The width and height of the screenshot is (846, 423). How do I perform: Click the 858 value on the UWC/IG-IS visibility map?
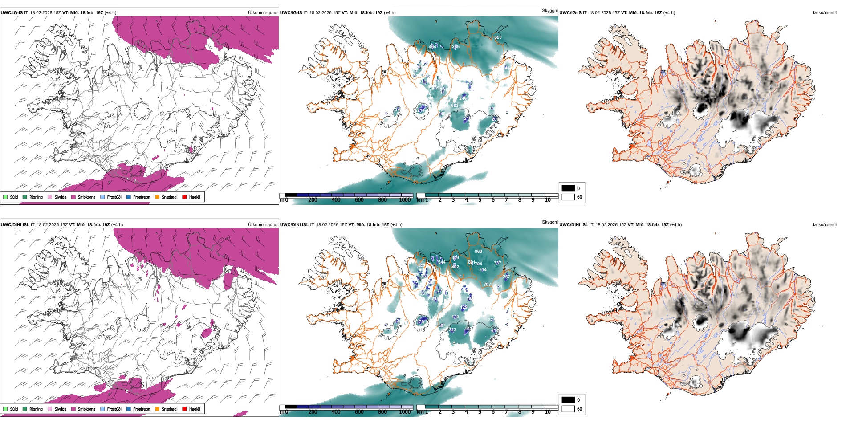coord(498,37)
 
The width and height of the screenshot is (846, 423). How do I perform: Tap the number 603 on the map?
coord(455,106)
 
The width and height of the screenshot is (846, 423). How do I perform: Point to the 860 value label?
coord(478,252)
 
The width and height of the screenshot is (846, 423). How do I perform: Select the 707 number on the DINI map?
coord(487,285)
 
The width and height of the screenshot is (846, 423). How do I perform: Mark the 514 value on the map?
coord(483,270)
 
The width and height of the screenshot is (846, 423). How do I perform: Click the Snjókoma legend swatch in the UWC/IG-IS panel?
coord(73,197)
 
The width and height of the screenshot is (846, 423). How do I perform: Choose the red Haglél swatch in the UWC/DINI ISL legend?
coord(184,409)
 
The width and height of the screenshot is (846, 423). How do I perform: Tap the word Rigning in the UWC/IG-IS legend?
coord(36,197)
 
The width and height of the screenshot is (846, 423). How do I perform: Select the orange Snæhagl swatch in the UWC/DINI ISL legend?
coord(157,409)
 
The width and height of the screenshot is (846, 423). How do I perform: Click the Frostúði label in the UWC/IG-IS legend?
coord(114,197)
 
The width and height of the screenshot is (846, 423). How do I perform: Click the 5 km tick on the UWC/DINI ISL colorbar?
coord(480,412)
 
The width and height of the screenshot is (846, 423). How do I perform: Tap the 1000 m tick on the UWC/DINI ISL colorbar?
coord(405,412)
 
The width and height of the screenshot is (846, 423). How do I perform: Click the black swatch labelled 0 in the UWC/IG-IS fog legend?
coord(568,188)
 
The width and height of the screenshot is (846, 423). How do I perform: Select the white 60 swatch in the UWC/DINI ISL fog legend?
coord(568,409)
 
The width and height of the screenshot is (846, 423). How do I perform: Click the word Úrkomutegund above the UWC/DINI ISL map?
coord(262,225)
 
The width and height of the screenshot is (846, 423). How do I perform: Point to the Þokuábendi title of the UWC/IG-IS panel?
coord(825,13)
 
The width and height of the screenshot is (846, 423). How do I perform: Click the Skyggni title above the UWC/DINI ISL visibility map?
coord(549,222)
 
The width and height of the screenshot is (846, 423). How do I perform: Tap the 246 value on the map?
coord(463,98)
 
